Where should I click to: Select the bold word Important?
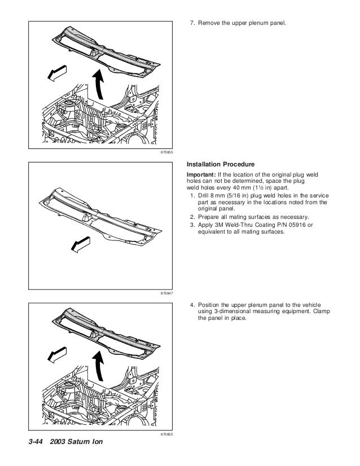click(200, 175)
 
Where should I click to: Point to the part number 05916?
click(286, 226)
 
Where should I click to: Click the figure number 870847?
click(166, 294)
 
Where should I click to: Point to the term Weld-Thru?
click(236, 226)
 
